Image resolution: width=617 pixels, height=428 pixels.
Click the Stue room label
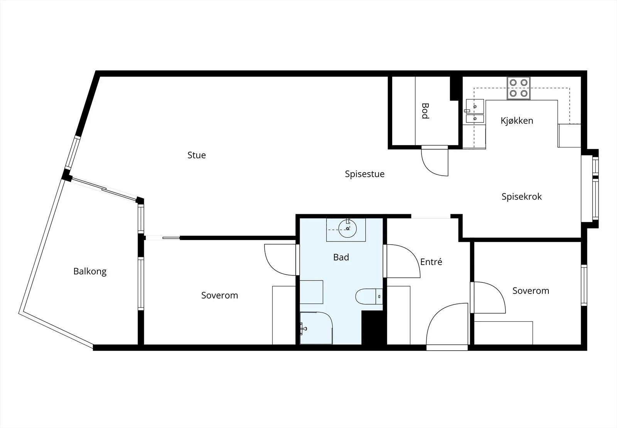tap(196, 155)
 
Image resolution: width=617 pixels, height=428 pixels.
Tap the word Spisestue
tap(365, 174)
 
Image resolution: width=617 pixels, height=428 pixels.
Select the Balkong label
tap(90, 271)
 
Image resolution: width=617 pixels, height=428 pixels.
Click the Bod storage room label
tap(425, 111)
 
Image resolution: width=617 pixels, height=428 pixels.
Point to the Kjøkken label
tap(517, 121)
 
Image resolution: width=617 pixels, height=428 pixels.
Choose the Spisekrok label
tap(521, 196)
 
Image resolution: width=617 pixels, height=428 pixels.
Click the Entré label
tap(431, 262)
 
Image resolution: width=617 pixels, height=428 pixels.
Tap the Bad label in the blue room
tap(341, 257)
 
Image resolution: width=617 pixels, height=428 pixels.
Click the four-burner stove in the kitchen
tap(518, 88)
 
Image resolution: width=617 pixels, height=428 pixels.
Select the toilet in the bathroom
tap(369, 296)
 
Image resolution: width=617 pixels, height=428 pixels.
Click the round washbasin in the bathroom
tap(347, 228)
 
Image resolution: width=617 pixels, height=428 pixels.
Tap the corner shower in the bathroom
tap(316, 328)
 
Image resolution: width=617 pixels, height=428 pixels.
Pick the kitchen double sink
tap(475, 111)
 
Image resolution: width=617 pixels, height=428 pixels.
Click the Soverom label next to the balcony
tap(219, 295)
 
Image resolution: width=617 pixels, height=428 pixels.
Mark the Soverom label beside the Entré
tap(531, 290)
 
